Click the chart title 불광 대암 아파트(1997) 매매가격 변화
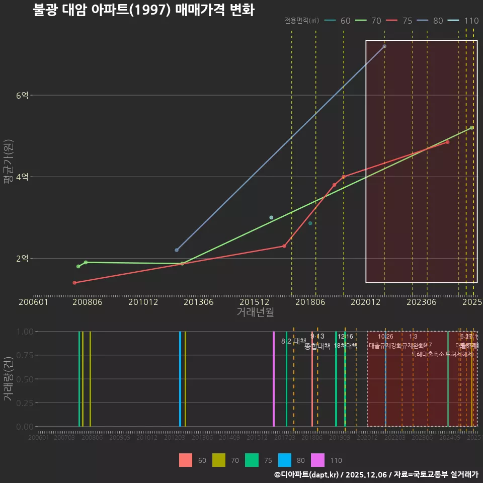143,10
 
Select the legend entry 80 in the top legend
438,21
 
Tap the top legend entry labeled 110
471,21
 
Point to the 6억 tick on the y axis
22,95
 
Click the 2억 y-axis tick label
22,258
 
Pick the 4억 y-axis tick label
22,177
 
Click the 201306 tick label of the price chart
198,302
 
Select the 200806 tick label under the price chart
89,302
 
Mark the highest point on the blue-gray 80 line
384,46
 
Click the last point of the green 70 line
471,128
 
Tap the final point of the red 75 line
447,142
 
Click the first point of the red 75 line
74,283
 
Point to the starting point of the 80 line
177,250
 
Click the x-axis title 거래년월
255,312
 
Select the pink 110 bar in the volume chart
274,378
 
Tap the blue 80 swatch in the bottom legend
285,460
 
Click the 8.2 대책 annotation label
294,341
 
